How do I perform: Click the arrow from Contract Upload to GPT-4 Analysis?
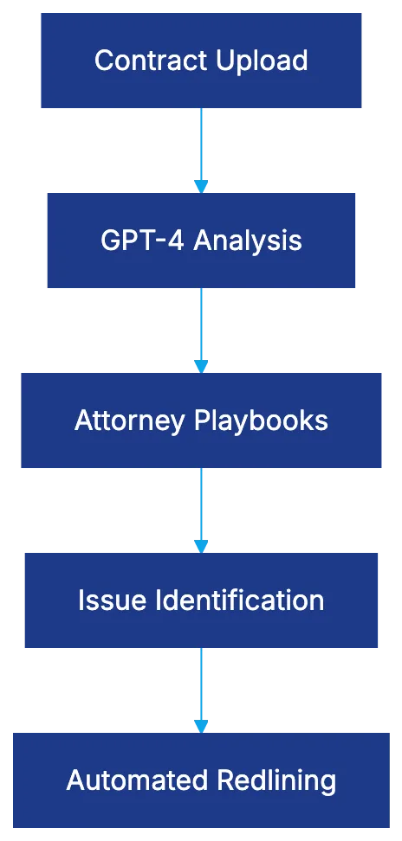point(201,147)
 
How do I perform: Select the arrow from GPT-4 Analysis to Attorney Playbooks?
point(201,329)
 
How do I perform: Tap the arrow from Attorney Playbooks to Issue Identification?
point(201,509)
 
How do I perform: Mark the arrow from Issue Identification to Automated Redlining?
point(201,689)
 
